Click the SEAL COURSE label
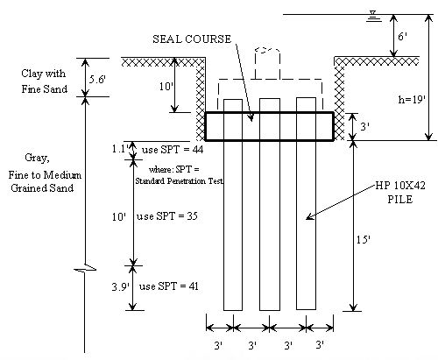(x=192, y=39)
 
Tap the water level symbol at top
(x=372, y=17)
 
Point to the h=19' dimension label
(x=412, y=100)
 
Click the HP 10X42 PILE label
(x=400, y=193)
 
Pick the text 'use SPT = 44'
(x=173, y=150)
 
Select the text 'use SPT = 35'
(x=167, y=216)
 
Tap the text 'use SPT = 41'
(x=169, y=286)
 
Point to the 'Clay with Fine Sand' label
(x=44, y=81)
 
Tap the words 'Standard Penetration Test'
(x=180, y=181)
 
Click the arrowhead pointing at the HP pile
(x=309, y=216)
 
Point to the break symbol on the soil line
(x=85, y=268)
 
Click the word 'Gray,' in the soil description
(x=37, y=158)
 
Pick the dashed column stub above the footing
(x=267, y=63)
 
